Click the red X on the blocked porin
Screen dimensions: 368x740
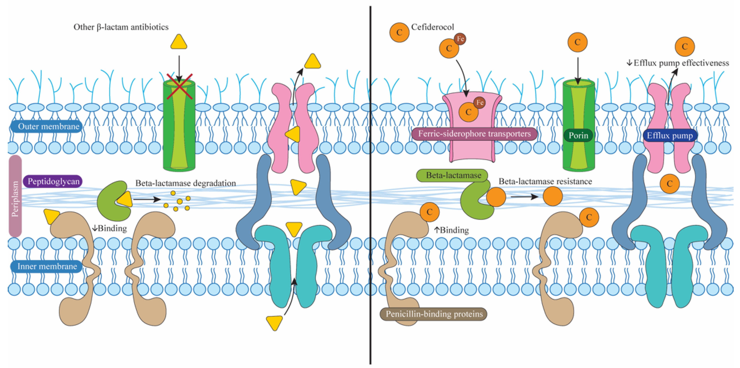click(179, 86)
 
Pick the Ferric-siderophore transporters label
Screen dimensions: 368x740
click(474, 134)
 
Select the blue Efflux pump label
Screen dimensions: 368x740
click(670, 135)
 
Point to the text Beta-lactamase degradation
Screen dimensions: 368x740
click(186, 183)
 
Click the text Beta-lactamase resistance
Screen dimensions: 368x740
click(545, 181)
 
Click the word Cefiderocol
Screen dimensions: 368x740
click(432, 27)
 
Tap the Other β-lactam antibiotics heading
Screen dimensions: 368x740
click(121, 27)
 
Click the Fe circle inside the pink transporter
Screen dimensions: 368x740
click(480, 103)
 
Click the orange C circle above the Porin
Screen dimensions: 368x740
click(577, 42)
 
